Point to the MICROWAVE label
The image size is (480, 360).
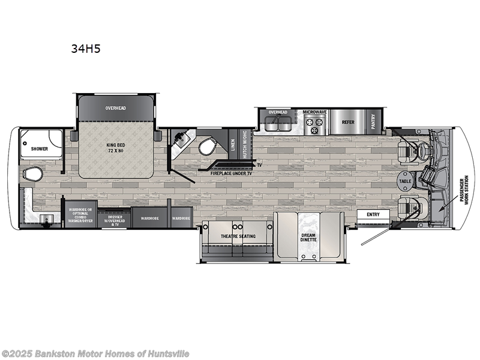(314, 112)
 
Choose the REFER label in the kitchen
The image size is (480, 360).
(348, 121)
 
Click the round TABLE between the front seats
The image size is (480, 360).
(405, 181)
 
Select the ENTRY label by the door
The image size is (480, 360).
(373, 214)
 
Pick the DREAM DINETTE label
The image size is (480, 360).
(308, 237)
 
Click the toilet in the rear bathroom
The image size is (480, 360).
(32, 174)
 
